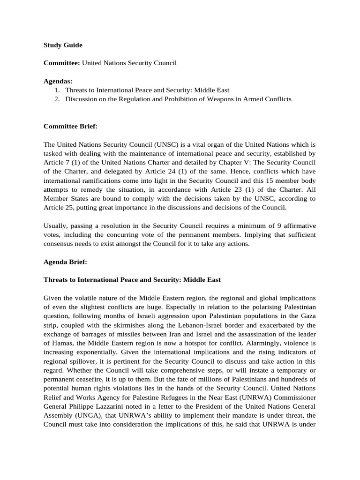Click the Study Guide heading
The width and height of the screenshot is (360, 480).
[x=63, y=45]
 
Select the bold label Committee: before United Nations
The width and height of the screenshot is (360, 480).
[x=62, y=62]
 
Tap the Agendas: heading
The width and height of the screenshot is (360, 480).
[x=58, y=81]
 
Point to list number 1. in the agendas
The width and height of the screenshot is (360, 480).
[x=58, y=90]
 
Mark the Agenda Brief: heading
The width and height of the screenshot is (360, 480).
[x=65, y=262]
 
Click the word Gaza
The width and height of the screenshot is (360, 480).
[x=307, y=316]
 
